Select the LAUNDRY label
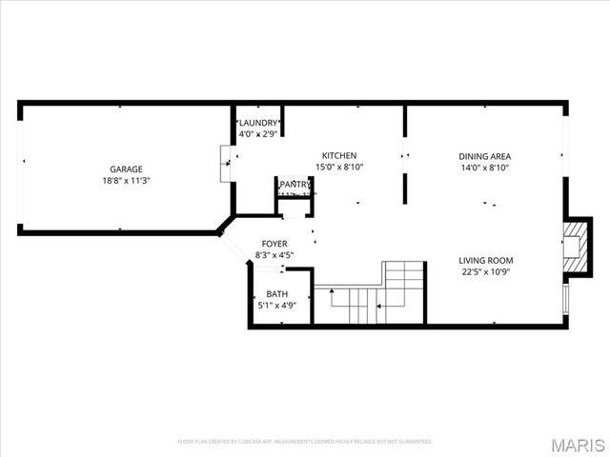tap(258, 123)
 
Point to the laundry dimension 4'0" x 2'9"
tap(258, 134)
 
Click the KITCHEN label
tap(338, 155)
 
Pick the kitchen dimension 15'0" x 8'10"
tap(338, 167)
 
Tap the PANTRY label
tap(295, 184)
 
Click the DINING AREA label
tap(484, 155)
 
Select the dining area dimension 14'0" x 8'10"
tap(484, 167)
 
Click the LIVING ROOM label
tap(485, 260)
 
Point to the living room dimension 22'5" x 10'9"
tap(485, 271)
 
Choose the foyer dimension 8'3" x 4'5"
tap(274, 255)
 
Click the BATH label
tap(276, 294)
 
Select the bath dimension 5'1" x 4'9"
tap(276, 306)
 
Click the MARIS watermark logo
tap(578, 443)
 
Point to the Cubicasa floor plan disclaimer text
tap(305, 442)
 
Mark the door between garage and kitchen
tap(226, 163)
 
